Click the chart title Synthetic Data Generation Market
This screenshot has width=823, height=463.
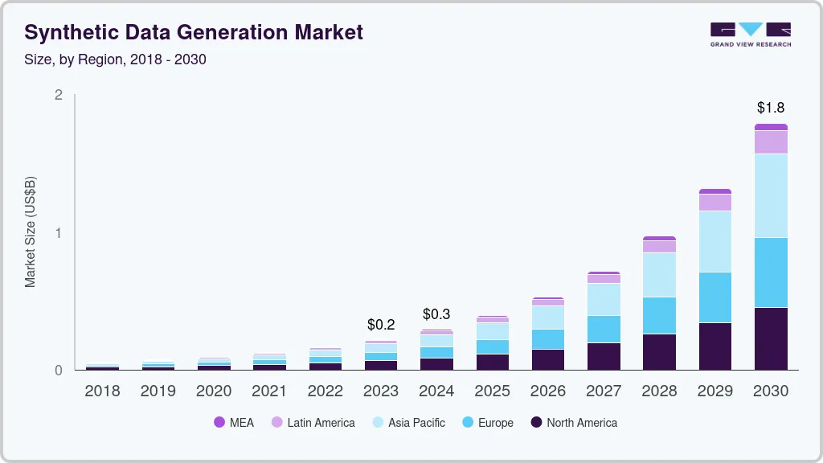(194, 32)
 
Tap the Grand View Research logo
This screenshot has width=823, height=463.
(751, 35)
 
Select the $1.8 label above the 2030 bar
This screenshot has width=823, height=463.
(771, 108)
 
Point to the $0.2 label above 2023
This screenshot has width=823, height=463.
(381, 325)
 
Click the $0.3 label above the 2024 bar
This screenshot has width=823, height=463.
(436, 314)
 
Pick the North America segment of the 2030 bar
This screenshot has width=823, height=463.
(771, 338)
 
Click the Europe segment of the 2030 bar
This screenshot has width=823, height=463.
(771, 272)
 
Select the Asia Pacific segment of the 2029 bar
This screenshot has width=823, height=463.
(715, 241)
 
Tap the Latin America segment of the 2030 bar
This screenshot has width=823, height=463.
(771, 142)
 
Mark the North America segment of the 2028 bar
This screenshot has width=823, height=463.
(660, 352)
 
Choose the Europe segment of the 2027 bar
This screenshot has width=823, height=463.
(604, 329)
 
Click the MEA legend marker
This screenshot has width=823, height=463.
(219, 422)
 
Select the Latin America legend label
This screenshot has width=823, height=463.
(321, 423)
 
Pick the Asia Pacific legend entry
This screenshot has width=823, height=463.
(409, 423)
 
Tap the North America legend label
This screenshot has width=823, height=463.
(582, 423)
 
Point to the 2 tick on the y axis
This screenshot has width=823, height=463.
(58, 95)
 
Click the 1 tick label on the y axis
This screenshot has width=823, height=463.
(58, 232)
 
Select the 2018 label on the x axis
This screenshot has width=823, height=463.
(102, 391)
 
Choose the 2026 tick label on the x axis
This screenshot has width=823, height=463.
(548, 391)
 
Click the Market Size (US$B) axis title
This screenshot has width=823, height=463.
(30, 232)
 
